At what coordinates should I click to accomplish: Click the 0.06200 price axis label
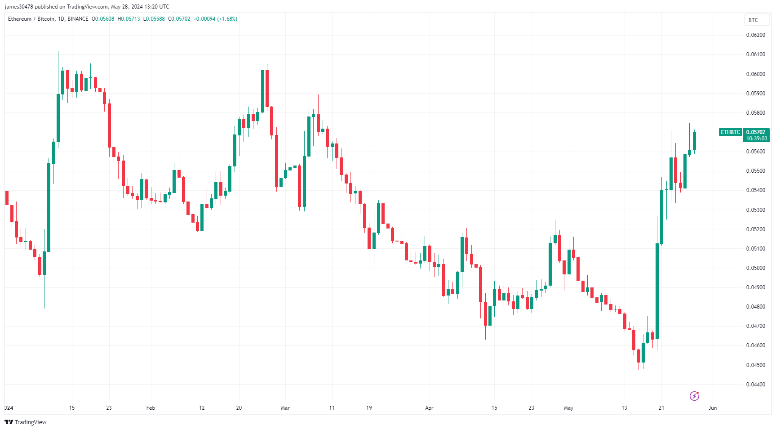pos(755,35)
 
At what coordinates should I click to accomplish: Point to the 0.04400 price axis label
pos(755,385)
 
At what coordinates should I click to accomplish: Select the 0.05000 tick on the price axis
pos(755,268)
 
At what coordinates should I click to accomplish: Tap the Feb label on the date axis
pos(151,408)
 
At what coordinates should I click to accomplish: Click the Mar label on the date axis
pos(285,408)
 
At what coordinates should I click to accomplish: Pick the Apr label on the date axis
pos(429,408)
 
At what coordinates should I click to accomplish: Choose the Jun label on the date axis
pos(712,408)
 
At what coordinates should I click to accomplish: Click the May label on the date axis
pos(568,408)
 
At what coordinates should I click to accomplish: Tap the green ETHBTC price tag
pos(730,132)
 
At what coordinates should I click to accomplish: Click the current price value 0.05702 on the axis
pos(756,132)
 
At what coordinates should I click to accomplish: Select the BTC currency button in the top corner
pos(753,20)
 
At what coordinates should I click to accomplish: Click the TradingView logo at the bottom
pos(26,422)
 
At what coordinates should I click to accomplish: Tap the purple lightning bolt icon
pos(694,396)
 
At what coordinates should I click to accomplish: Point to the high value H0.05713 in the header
pos(129,19)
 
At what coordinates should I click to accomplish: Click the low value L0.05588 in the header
pos(154,19)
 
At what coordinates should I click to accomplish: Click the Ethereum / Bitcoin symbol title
pos(31,19)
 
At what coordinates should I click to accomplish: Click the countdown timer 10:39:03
pos(757,139)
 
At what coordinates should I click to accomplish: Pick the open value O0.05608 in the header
pos(103,19)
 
